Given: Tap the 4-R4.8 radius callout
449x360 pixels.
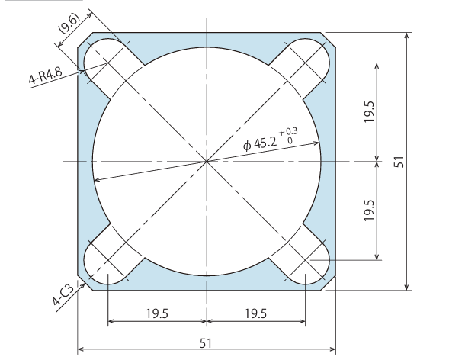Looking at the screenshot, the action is pos(45,76).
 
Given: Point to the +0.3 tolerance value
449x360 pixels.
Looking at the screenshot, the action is pos(288,132).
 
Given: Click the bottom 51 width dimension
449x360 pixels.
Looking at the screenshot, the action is pos(206,342).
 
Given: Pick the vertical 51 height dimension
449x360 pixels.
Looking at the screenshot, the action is pos(399,162).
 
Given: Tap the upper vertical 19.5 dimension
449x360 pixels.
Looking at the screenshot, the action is pos(370,111).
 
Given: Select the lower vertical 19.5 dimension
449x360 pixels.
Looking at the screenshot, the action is pos(370,211).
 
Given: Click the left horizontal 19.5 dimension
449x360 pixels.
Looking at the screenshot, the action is pos(157,313).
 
